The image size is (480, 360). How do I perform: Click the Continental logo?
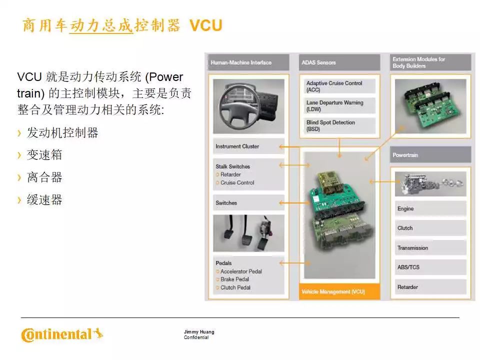[x=62, y=334]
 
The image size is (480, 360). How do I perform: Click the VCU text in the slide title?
[x=205, y=25]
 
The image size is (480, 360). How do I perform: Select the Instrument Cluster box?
[x=248, y=146]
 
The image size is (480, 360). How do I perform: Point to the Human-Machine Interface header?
[x=248, y=62]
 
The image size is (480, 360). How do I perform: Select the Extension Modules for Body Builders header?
[x=430, y=62]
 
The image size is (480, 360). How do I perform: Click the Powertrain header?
[x=430, y=155]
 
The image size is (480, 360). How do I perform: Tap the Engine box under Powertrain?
[x=430, y=209]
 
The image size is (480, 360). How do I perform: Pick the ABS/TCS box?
[x=430, y=267]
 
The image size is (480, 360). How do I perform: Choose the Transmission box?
[x=430, y=247]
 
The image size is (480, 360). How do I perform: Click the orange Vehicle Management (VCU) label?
[x=339, y=291]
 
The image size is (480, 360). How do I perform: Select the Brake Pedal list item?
[x=235, y=279]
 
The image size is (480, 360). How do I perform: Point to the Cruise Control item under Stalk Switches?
[x=237, y=182]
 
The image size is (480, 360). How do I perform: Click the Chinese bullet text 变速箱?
[x=44, y=155]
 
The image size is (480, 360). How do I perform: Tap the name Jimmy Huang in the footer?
[x=199, y=332]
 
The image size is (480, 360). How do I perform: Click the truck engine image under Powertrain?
[x=430, y=183]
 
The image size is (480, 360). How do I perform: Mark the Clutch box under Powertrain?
[x=430, y=228]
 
